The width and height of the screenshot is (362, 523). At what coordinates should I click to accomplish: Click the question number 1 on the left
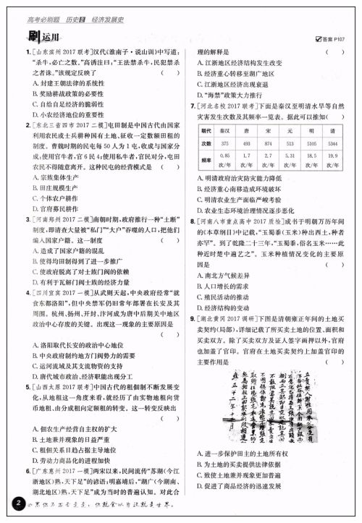[x=18, y=53]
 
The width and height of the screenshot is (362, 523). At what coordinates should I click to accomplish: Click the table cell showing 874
[x=269, y=143]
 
